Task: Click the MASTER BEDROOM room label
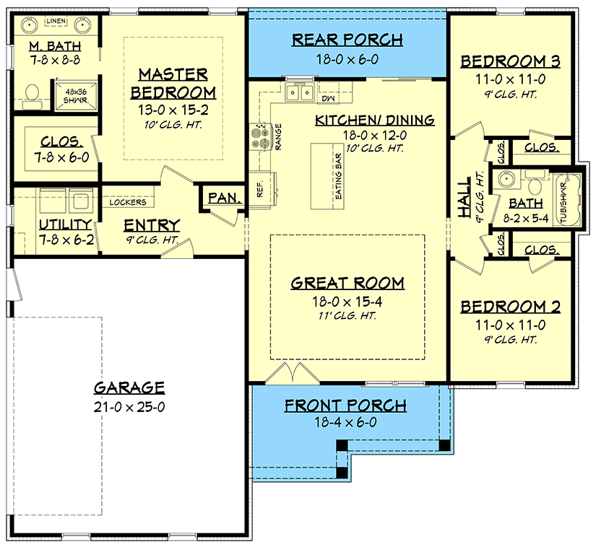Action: click(x=173, y=83)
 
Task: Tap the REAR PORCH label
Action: click(x=347, y=40)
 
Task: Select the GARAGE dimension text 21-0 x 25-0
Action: click(x=130, y=406)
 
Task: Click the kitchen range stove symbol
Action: click(x=259, y=135)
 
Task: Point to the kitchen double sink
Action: click(x=299, y=92)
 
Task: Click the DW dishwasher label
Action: click(x=327, y=97)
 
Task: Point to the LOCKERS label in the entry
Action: click(x=128, y=203)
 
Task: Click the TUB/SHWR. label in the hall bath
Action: click(x=566, y=200)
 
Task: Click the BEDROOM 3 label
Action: click(x=511, y=61)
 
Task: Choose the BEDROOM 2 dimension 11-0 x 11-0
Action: click(x=511, y=325)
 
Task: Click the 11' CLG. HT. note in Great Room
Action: click(x=347, y=315)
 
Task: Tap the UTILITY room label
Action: click(x=65, y=224)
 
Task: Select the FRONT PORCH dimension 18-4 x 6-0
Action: click(x=345, y=423)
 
